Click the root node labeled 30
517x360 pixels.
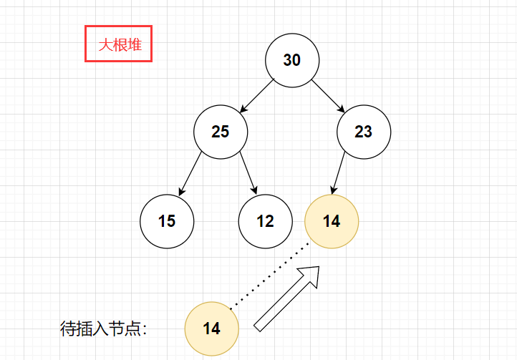292,60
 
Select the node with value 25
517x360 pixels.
221,132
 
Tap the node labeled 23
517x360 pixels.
364,132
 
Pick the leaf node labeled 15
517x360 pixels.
167,221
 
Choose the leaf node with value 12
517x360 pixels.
265,221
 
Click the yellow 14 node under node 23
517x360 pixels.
332,221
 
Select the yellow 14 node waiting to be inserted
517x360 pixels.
211,329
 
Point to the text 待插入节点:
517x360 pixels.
104,329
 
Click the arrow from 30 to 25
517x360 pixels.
257,96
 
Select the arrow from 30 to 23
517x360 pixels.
328,96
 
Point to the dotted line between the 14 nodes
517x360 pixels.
270,276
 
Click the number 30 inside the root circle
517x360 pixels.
292,60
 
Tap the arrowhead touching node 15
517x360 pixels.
181,192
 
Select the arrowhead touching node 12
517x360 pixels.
255,190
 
